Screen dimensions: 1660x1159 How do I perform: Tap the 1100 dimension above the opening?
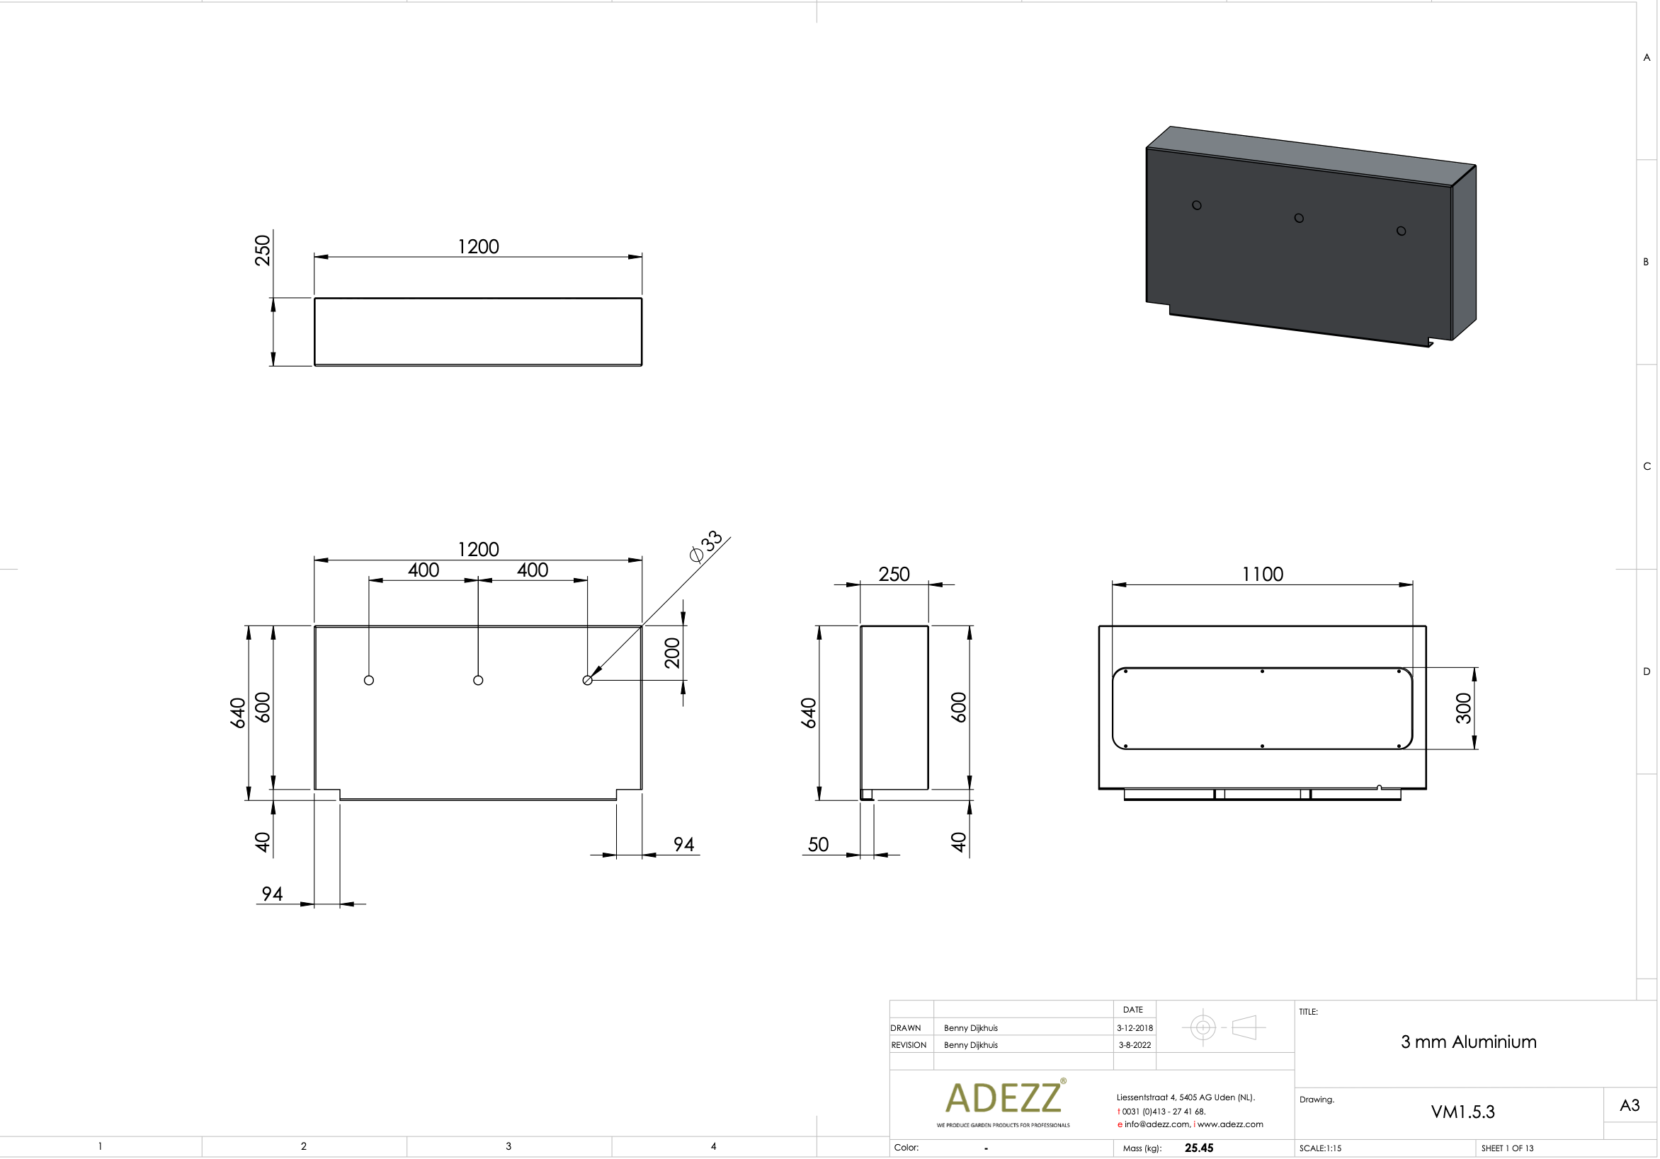(1263, 575)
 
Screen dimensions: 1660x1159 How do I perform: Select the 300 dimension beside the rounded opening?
(1462, 708)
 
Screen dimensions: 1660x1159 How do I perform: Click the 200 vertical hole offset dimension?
(672, 652)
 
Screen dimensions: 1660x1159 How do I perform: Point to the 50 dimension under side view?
(818, 845)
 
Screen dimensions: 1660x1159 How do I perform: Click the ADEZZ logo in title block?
(1004, 1098)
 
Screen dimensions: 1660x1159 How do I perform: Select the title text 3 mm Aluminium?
(1468, 1042)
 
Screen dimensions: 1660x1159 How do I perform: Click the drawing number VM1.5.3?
(1462, 1112)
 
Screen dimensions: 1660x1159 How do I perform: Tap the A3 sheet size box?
(1630, 1105)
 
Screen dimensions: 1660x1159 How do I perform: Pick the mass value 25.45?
(1199, 1148)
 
